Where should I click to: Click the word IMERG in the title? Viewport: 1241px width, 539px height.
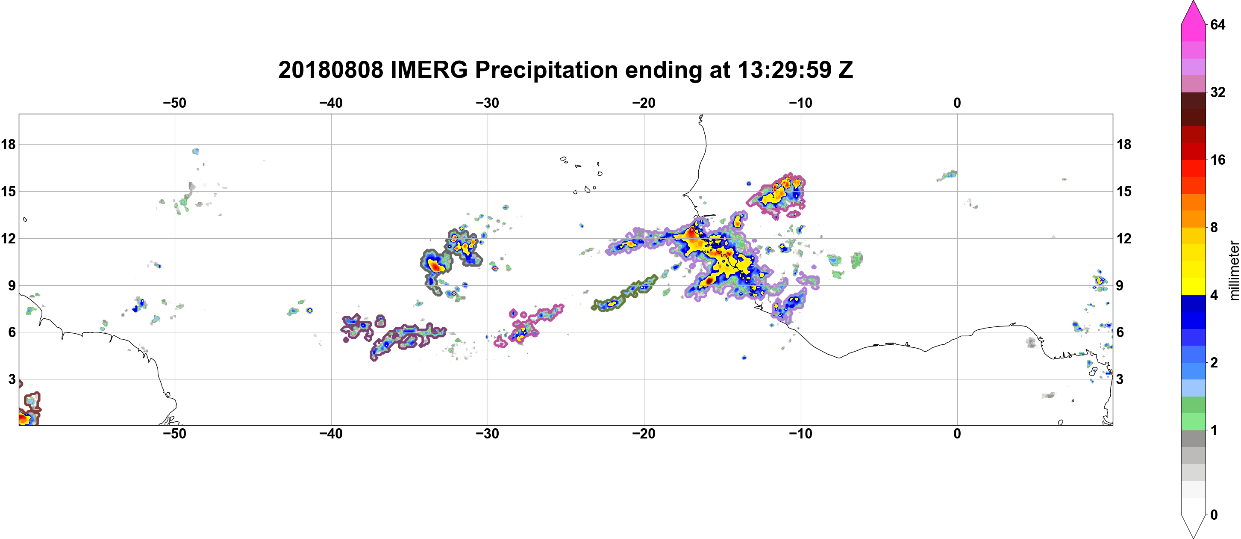pos(429,70)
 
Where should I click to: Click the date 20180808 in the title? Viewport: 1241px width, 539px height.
pos(330,70)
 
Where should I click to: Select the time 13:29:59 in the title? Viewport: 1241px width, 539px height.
pos(785,70)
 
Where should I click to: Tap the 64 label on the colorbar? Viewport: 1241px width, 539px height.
pos(1217,24)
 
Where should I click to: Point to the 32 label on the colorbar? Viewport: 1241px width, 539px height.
pos(1217,92)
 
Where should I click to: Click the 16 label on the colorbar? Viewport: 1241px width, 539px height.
pos(1217,160)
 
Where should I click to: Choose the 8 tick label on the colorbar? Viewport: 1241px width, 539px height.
pos(1214,228)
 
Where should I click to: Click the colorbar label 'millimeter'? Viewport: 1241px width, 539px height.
pos(1234,270)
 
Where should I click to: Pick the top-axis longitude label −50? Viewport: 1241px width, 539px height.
pos(174,103)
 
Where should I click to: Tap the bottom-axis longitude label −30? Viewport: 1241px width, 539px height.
pos(488,434)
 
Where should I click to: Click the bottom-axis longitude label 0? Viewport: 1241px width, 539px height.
pos(957,434)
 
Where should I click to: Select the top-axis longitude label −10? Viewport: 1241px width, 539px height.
pos(801,103)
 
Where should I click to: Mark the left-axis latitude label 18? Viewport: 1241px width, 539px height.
pos(8,144)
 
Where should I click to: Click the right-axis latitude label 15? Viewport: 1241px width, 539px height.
pos(1124,191)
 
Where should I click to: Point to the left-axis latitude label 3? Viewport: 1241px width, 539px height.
pos(12,379)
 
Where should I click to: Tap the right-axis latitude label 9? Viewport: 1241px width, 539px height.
pos(1120,285)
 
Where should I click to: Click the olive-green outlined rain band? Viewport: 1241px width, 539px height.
pos(624,293)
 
